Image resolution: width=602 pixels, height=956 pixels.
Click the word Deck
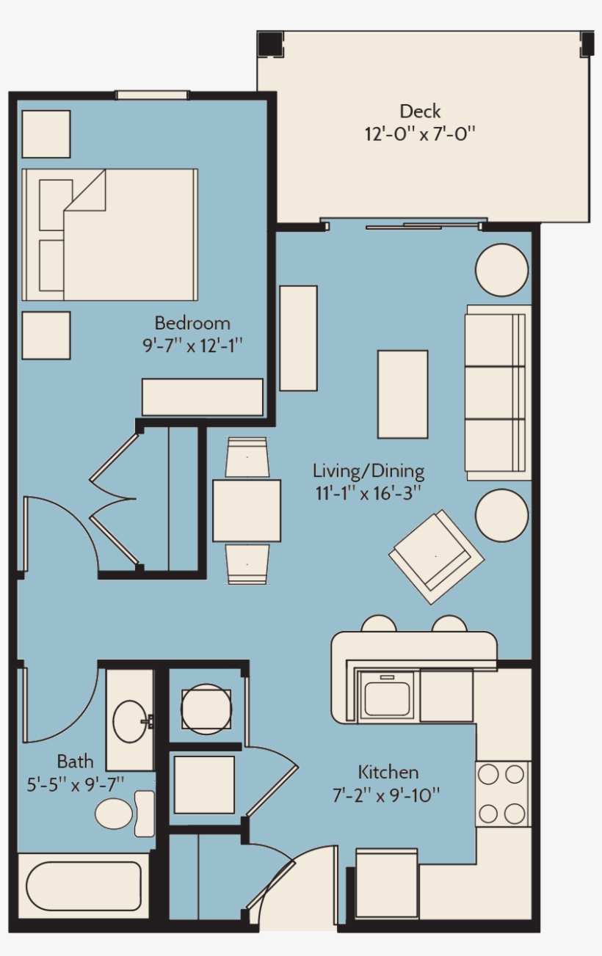[x=420, y=112]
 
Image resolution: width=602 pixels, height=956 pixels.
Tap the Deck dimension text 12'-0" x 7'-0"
[x=420, y=134]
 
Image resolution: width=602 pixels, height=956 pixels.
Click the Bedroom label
[x=192, y=323]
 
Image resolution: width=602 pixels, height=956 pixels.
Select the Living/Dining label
[x=369, y=471]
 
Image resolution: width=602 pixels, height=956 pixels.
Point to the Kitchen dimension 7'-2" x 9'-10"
[x=386, y=795]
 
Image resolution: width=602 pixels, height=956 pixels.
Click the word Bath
[x=75, y=762]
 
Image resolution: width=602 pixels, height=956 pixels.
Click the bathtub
[x=84, y=885]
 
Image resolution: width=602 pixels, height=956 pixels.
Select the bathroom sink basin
[x=129, y=722]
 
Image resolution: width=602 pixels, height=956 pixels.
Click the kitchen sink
[x=386, y=696]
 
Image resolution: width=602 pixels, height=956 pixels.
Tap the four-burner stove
[x=503, y=794]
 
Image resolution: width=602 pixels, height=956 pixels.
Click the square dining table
[x=247, y=511]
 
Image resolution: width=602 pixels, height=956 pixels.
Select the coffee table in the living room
[x=402, y=394]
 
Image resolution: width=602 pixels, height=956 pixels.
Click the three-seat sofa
[x=498, y=393]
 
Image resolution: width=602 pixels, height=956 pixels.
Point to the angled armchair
[x=436, y=557]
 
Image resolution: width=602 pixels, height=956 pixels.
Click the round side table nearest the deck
[x=502, y=270]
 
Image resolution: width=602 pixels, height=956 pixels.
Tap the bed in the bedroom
[x=109, y=235]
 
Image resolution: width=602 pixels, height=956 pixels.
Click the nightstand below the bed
[x=46, y=335]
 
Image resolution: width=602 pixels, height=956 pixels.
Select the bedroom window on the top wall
[x=153, y=95]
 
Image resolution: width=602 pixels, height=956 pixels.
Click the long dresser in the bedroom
[x=203, y=397]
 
